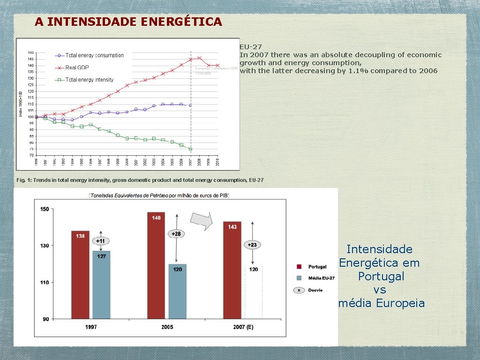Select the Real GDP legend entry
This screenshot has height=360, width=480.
pyautogui.click(x=77, y=67)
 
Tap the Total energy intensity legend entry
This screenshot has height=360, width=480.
pyautogui.click(x=89, y=80)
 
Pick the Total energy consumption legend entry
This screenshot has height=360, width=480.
pyautogui.click(x=94, y=55)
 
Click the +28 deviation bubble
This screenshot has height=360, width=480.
pyautogui.click(x=176, y=234)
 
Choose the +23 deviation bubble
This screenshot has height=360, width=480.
pyautogui.click(x=253, y=245)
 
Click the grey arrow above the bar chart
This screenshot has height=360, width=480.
pyautogui.click(x=202, y=220)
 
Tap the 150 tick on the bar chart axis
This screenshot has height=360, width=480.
pyautogui.click(x=45, y=209)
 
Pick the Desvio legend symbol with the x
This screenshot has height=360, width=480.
pyautogui.click(x=299, y=290)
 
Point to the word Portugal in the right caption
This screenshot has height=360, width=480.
pyautogui.click(x=381, y=276)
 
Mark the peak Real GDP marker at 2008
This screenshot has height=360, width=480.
pyautogui.click(x=200, y=58)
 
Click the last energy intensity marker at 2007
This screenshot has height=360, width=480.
pyautogui.click(x=191, y=149)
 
